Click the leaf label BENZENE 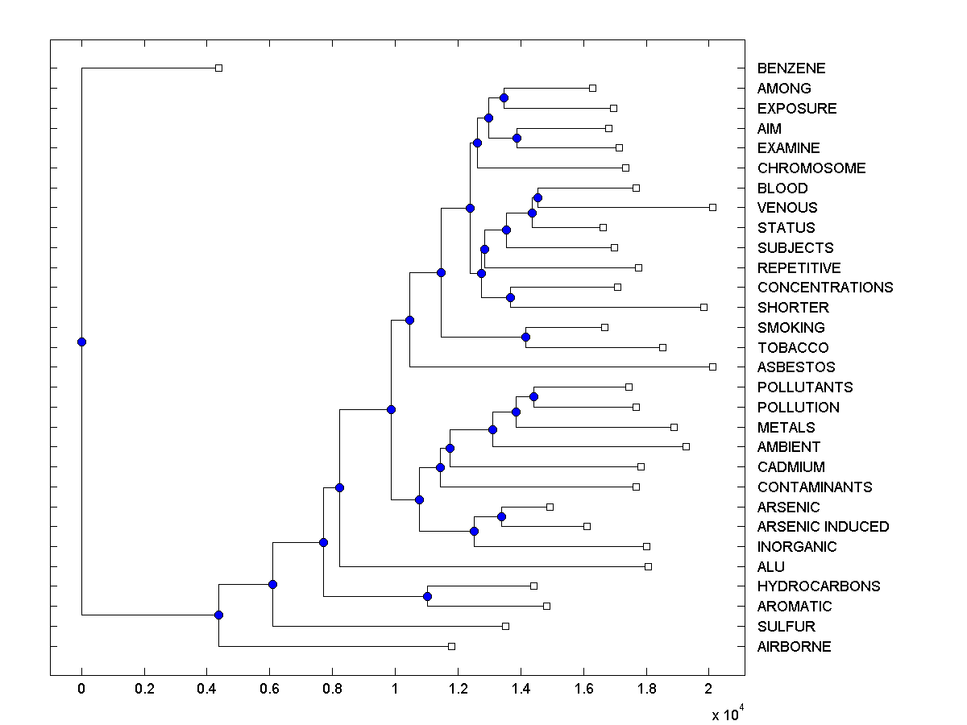pyautogui.click(x=791, y=68)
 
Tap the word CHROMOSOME pyautogui.click(x=811, y=168)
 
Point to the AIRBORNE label pyautogui.click(x=794, y=646)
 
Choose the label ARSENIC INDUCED pyautogui.click(x=823, y=527)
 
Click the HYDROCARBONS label pyautogui.click(x=819, y=586)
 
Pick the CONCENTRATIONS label pyautogui.click(x=825, y=288)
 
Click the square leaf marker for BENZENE pyautogui.click(x=218, y=68)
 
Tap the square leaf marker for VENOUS pyautogui.click(x=712, y=208)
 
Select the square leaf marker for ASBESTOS pyautogui.click(x=712, y=367)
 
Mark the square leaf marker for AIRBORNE pyautogui.click(x=451, y=646)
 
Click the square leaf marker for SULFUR pyautogui.click(x=505, y=626)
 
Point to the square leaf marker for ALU pyautogui.click(x=648, y=566)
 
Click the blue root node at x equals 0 pyautogui.click(x=81, y=342)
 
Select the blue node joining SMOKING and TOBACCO pyautogui.click(x=525, y=337)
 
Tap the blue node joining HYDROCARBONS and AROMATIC pyautogui.click(x=427, y=596)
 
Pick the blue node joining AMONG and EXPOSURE pyautogui.click(x=504, y=98)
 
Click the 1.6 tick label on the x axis pyautogui.click(x=583, y=689)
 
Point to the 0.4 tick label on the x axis pyautogui.click(x=207, y=689)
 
